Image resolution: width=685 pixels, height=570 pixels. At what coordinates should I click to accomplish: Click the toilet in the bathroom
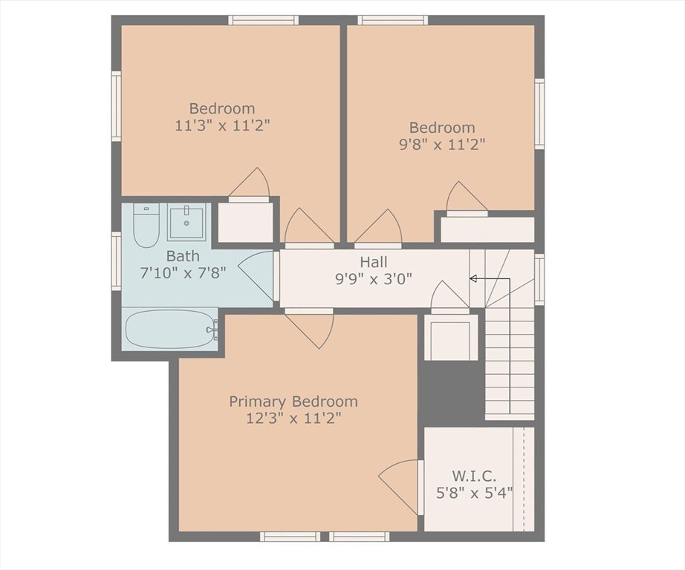(x=146, y=225)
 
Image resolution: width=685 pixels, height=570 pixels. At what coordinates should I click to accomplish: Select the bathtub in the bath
(x=169, y=329)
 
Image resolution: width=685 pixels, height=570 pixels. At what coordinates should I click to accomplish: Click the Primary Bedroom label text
(x=293, y=402)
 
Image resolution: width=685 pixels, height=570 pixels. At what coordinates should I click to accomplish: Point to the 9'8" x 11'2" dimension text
(x=442, y=145)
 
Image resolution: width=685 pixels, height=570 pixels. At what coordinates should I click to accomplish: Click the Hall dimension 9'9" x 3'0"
(x=374, y=278)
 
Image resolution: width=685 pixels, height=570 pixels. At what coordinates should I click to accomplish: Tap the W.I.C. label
(x=474, y=475)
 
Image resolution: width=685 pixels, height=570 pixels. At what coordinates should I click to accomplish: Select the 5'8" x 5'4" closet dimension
(x=474, y=494)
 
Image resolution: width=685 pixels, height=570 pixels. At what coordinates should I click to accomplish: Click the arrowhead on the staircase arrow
(x=473, y=278)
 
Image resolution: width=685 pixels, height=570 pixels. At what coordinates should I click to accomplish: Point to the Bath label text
(x=183, y=256)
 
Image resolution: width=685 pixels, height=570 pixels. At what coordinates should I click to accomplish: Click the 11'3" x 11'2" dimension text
(x=222, y=125)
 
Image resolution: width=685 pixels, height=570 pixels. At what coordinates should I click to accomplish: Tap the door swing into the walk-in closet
(x=398, y=487)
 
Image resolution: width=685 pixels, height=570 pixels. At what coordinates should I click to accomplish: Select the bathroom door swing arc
(x=256, y=275)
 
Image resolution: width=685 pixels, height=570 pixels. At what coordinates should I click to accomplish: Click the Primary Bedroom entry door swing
(x=311, y=330)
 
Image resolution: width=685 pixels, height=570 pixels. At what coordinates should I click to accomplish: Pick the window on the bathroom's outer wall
(x=116, y=261)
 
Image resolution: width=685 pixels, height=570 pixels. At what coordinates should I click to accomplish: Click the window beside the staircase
(x=539, y=280)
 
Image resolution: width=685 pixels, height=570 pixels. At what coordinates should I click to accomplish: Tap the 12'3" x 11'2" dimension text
(x=293, y=419)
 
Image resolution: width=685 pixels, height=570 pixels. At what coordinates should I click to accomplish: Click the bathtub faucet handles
(x=214, y=330)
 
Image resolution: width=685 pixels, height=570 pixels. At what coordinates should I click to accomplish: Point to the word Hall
(x=374, y=262)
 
